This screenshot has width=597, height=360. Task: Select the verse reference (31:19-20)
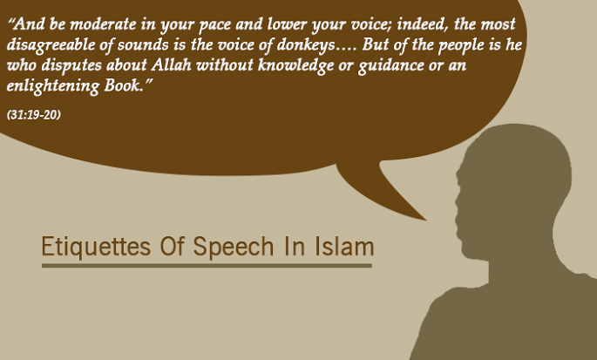coord(34,115)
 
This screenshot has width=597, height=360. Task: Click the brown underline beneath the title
coord(207,265)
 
